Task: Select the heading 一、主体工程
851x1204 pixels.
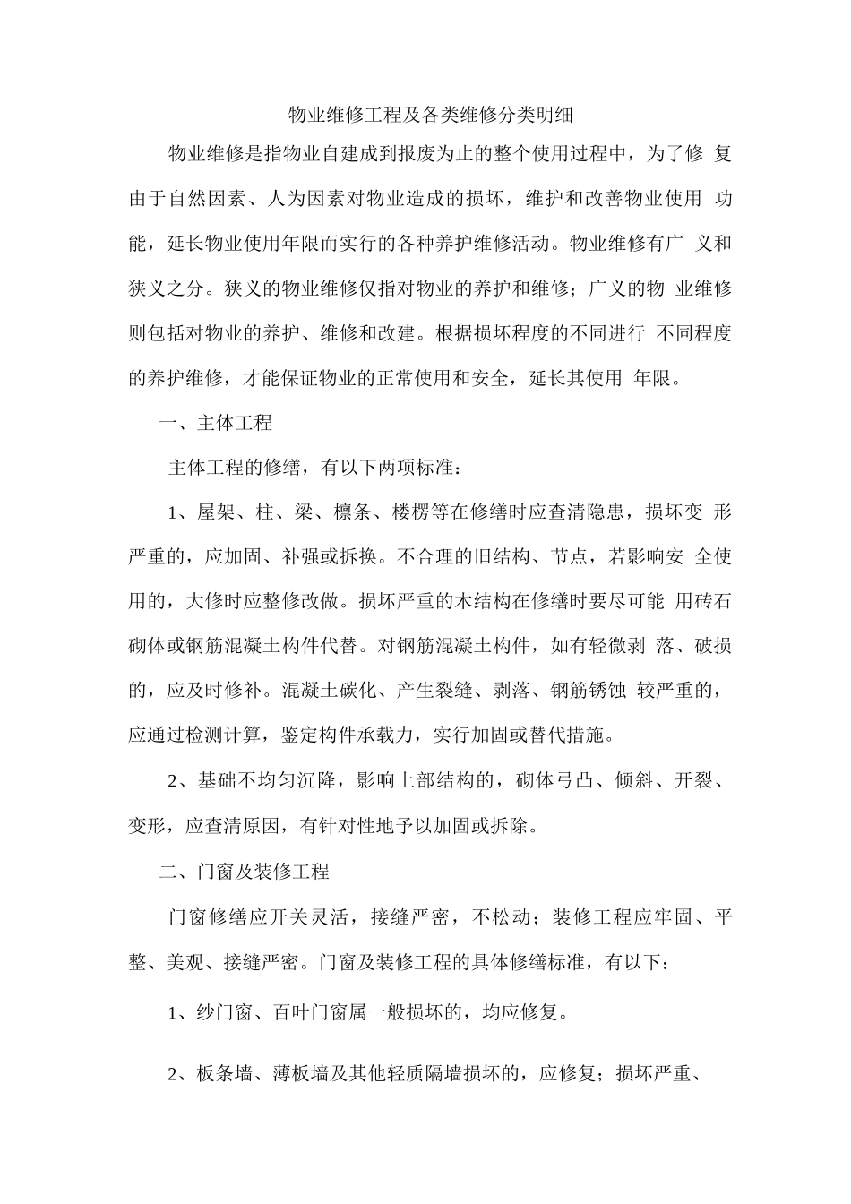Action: pyautogui.click(x=215, y=422)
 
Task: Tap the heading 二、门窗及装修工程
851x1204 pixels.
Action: pyautogui.click(x=245, y=871)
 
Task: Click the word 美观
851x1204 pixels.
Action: pyautogui.click(x=186, y=962)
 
